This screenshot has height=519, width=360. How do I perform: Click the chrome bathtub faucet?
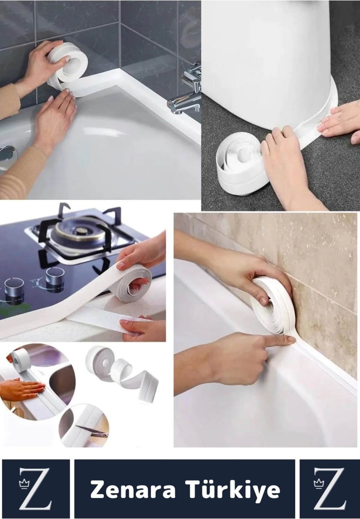pyautogui.click(x=186, y=93)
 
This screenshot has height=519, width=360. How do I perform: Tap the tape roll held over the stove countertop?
pyautogui.click(x=134, y=282)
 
